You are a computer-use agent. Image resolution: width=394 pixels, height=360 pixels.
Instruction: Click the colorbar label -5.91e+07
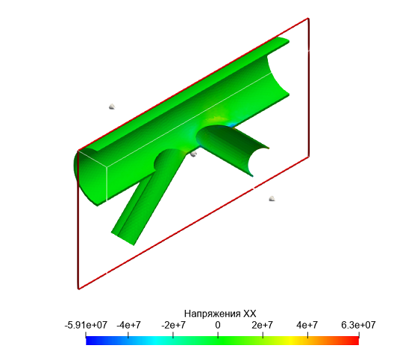(86, 325)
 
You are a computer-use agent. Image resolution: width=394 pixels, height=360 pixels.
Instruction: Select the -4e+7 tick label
(128, 325)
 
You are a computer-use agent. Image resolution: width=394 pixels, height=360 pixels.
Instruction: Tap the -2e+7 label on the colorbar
(173, 325)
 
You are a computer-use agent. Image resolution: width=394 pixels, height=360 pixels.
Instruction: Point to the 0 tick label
(218, 325)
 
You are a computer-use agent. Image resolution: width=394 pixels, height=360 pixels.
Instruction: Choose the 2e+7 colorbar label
(263, 325)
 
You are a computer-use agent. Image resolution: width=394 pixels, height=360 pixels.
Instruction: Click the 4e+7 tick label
(307, 325)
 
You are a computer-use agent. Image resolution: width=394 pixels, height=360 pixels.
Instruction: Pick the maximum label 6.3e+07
(359, 325)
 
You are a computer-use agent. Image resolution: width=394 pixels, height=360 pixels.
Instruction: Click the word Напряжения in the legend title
(213, 314)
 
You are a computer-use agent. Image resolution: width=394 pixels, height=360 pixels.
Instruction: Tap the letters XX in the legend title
(250, 314)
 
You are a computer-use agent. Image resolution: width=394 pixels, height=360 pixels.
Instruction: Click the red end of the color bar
(355, 341)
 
